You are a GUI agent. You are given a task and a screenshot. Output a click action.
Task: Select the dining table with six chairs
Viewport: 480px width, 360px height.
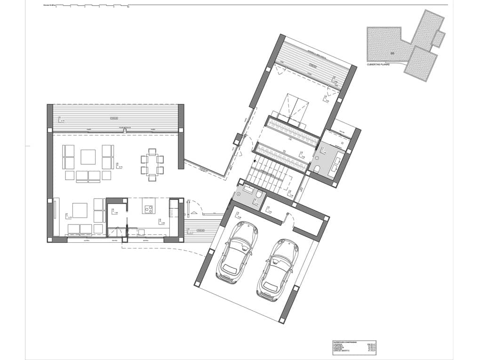(x=152, y=165)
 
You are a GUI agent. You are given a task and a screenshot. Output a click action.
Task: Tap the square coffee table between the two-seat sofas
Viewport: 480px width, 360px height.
(x=88, y=157)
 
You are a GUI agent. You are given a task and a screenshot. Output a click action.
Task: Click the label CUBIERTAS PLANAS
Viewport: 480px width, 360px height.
(x=378, y=64)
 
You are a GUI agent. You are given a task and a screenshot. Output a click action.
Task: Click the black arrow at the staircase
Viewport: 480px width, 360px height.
(x=255, y=161)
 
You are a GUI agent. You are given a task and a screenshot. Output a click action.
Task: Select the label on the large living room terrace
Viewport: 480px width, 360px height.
(x=114, y=118)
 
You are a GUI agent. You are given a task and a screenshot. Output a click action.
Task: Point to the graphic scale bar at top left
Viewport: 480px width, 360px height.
(x=85, y=6)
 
